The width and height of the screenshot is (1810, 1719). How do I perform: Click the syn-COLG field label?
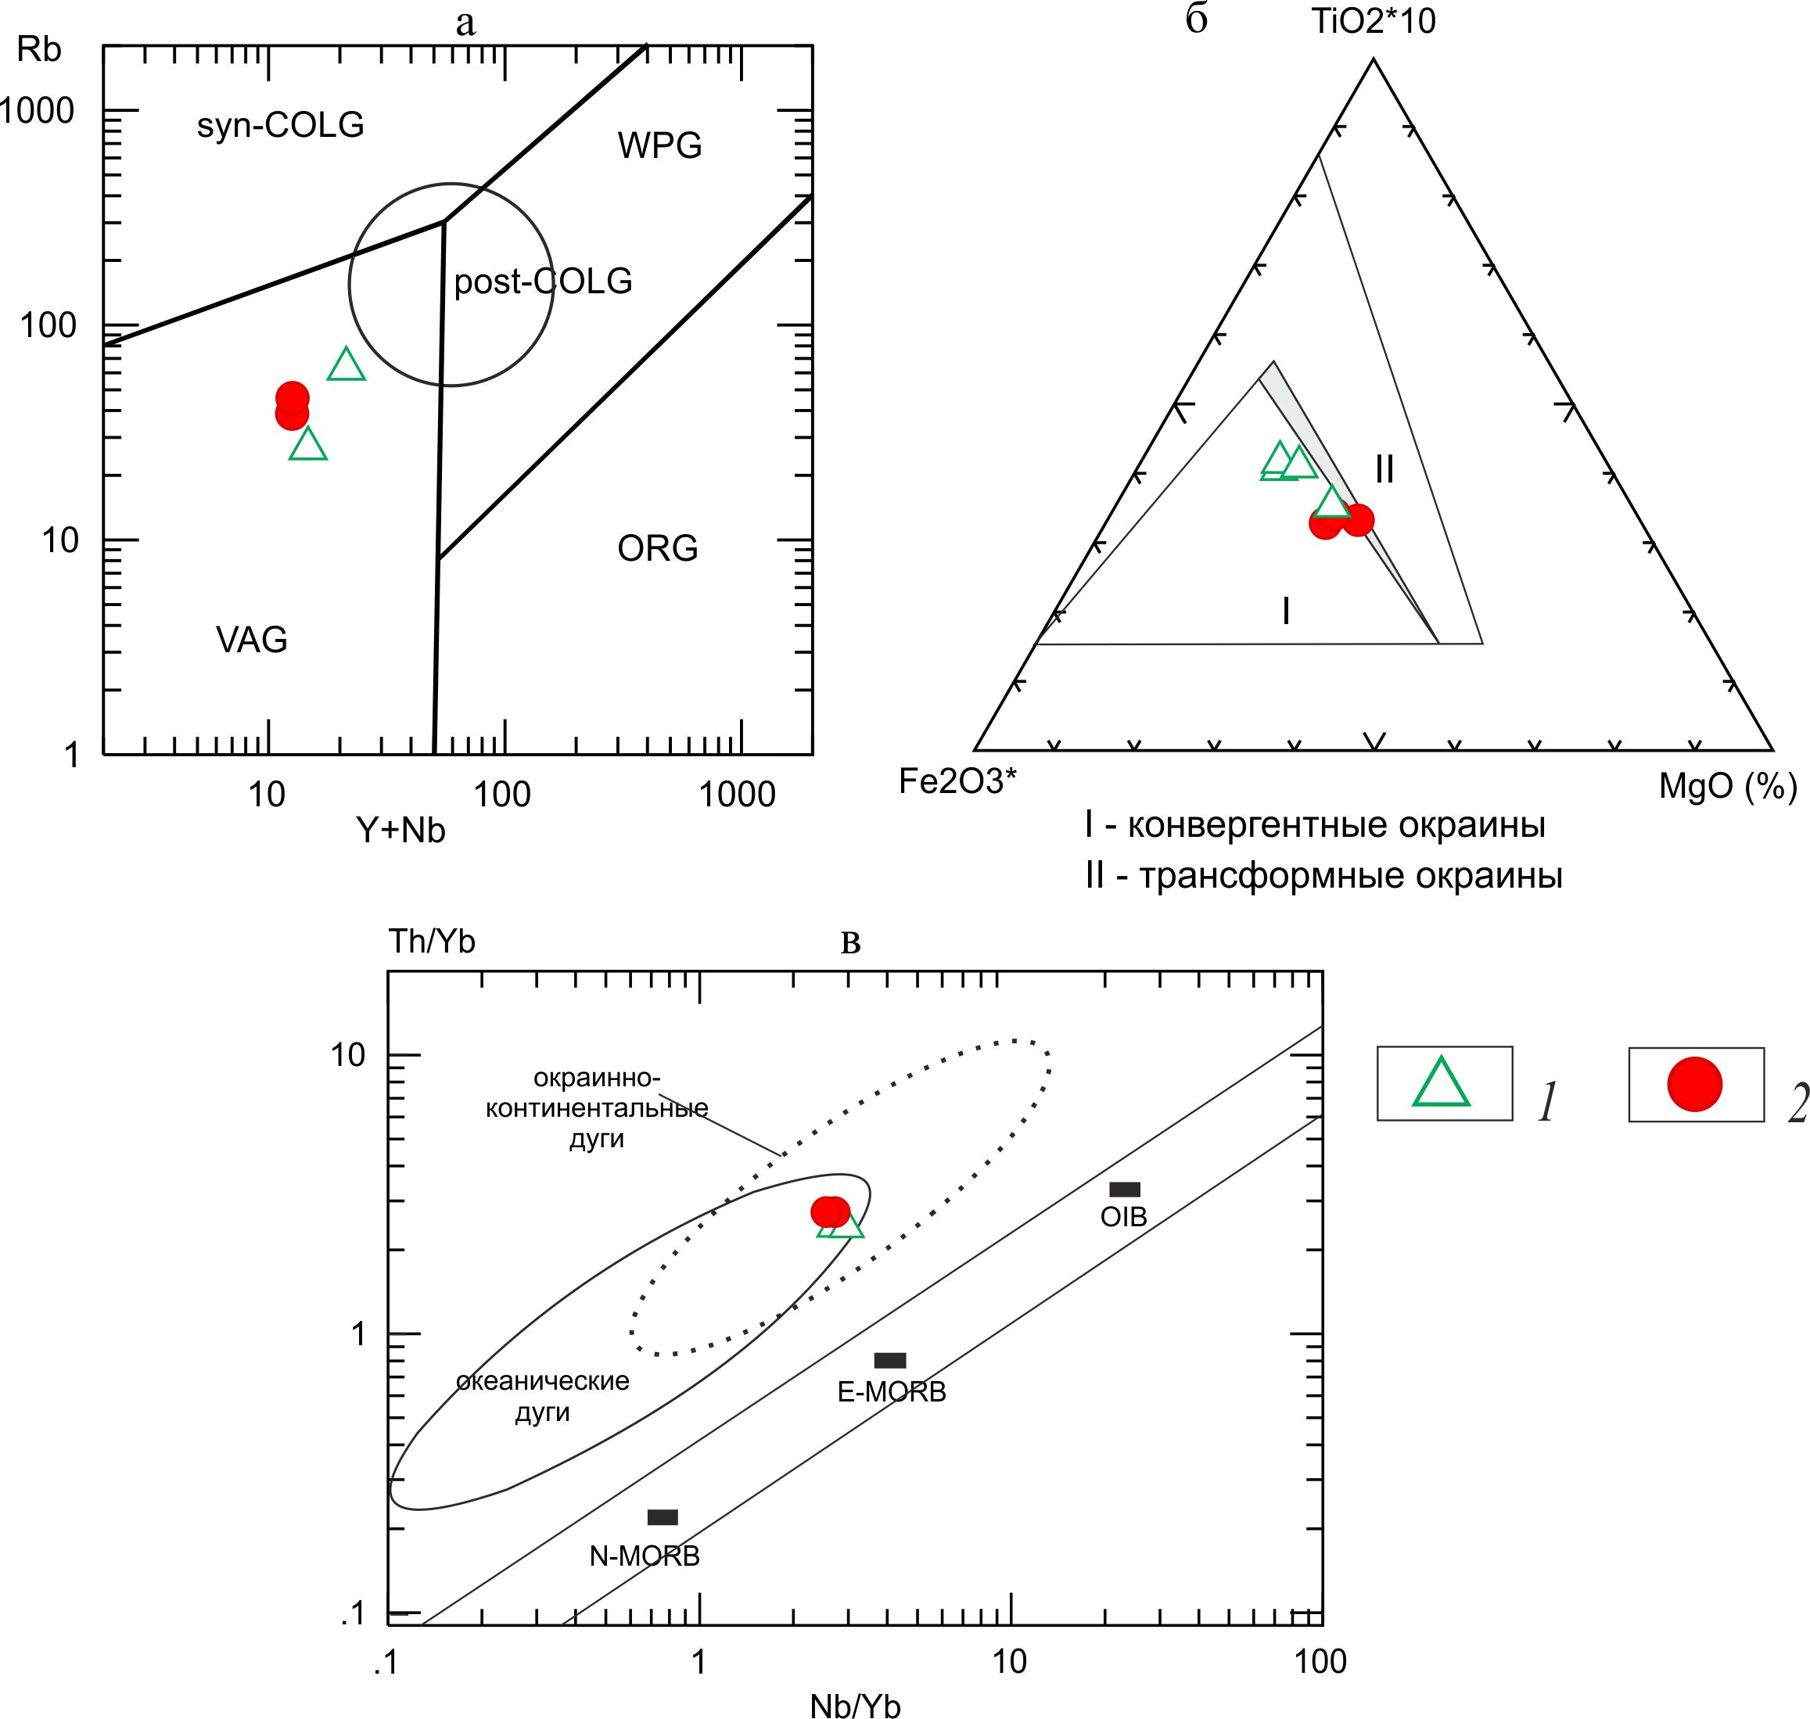coord(281,124)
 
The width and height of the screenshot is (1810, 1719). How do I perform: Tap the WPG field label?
coord(660,145)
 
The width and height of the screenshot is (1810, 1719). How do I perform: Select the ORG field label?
coord(657,549)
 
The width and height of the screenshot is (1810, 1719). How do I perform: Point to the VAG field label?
coord(251,640)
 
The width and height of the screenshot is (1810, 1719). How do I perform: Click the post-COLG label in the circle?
coord(543,282)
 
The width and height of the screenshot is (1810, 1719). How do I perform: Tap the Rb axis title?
coord(38,49)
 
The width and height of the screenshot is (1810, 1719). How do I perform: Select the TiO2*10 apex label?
coord(1374,21)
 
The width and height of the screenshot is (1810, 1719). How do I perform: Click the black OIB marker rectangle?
coord(1125,1190)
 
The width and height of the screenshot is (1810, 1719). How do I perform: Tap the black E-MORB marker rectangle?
coord(890,1360)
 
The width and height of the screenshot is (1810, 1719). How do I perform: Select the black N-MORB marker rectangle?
coord(663,1517)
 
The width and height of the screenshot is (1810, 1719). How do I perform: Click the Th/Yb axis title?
coord(432,941)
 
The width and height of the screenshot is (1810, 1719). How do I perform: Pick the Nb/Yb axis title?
coord(855,1705)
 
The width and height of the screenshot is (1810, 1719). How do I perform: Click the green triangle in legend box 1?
coord(1442,1083)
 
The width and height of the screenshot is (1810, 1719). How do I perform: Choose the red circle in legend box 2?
coord(1694,1084)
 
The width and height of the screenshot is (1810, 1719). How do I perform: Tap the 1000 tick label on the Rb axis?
coord(37,111)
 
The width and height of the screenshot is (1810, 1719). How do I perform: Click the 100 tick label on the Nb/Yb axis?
coord(1320,1661)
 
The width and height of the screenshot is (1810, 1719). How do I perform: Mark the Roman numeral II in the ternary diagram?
coord(1384,469)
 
